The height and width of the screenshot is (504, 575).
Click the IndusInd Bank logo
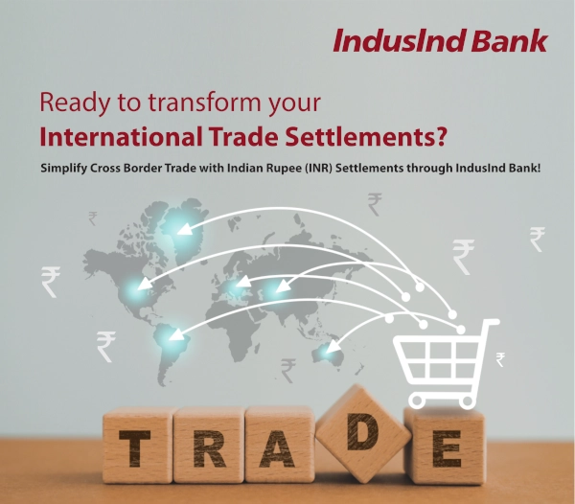point(440,40)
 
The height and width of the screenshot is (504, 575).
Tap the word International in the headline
point(121,136)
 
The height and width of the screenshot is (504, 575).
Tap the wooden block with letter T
point(137,447)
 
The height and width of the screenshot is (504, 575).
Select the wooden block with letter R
point(209,446)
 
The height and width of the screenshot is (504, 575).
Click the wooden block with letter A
point(280,445)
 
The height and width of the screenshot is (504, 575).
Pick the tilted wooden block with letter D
point(363,432)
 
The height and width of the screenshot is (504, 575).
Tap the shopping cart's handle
point(491,322)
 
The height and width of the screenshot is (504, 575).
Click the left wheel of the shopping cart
point(417,401)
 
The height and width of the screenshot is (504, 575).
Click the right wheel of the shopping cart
point(467,401)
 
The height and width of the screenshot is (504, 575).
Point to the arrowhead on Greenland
point(185,229)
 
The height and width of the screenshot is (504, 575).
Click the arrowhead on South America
point(176,334)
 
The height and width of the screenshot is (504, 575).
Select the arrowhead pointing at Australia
point(333,347)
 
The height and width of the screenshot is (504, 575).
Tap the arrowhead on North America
point(145,283)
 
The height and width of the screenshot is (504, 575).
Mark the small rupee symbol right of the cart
point(500,359)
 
